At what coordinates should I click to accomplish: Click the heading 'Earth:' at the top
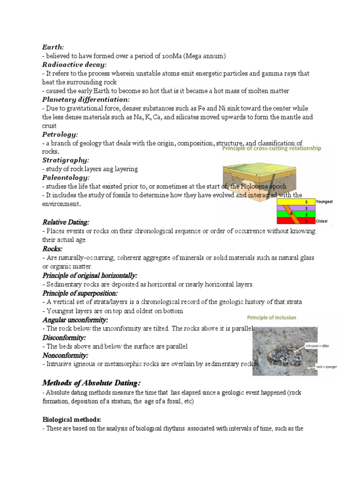click(53, 47)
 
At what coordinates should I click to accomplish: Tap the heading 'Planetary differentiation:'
click(86, 99)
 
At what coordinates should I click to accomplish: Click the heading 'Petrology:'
click(60, 134)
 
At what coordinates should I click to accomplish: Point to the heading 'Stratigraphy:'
click(66, 160)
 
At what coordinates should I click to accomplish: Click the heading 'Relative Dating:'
click(66, 222)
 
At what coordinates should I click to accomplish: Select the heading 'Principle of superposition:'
click(80, 293)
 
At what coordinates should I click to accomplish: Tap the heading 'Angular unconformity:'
click(75, 320)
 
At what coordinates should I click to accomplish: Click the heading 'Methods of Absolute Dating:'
click(91, 383)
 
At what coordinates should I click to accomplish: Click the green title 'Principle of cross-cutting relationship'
click(271, 149)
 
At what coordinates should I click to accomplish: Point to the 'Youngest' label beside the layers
click(324, 202)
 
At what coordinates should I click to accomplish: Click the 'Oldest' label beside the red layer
click(322, 221)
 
